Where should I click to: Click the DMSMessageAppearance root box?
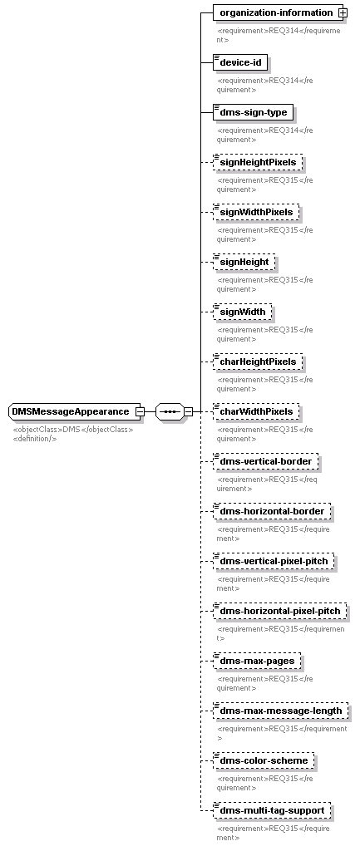tap(75, 411)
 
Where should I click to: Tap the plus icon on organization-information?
tap(342, 12)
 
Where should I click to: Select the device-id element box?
tap(240, 62)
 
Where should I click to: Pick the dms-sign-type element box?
tap(253, 113)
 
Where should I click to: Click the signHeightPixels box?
tap(258, 162)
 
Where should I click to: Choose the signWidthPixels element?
tap(256, 212)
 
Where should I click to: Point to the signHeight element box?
tap(244, 263)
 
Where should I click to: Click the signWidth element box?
tap(242, 312)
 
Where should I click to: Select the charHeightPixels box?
tap(258, 362)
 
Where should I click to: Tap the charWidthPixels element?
tap(256, 411)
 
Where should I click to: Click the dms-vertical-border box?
tap(265, 462)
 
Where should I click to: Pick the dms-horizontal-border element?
tap(272, 511)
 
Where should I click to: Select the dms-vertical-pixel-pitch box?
tap(274, 562)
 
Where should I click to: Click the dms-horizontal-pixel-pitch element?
tap(280, 612)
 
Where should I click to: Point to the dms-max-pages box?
tap(257, 661)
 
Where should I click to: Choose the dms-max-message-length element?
tap(281, 711)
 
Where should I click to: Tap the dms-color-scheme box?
tap(264, 760)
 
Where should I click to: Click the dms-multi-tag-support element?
tap(272, 811)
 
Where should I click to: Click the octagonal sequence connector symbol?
tap(170, 411)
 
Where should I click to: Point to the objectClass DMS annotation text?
tap(73, 430)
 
